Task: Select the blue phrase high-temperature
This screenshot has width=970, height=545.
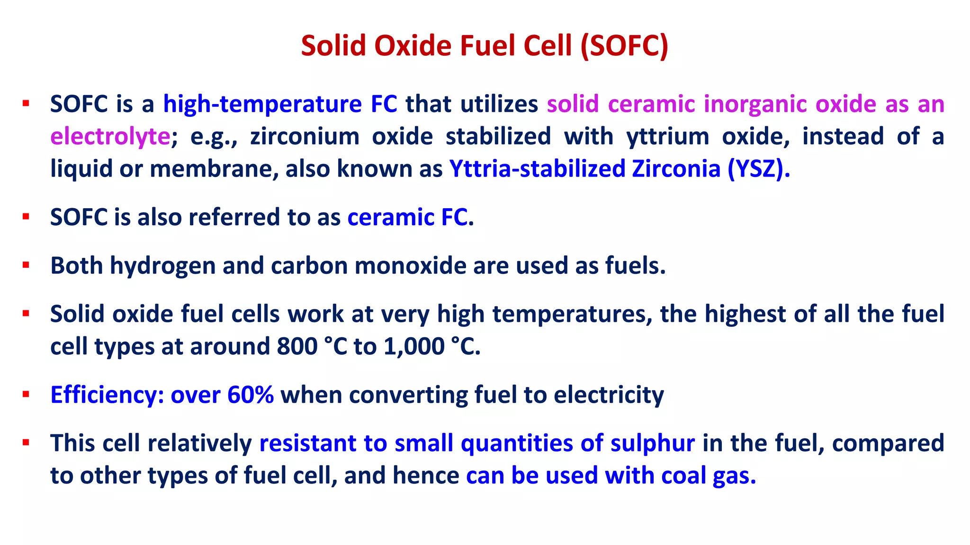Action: click(262, 104)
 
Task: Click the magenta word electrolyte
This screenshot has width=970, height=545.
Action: click(110, 137)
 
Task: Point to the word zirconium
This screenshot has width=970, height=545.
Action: click(305, 137)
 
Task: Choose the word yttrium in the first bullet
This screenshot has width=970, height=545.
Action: click(667, 137)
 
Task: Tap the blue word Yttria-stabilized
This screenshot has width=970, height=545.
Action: click(537, 169)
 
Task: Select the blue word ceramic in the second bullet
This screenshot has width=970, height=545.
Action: click(391, 218)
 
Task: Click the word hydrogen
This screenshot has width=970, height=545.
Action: click(162, 266)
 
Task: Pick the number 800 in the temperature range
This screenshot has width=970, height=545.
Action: click(297, 347)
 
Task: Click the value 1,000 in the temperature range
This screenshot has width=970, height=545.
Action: click(413, 347)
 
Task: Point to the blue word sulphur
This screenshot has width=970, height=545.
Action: click(652, 444)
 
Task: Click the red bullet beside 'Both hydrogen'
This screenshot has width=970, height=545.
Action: click(26, 265)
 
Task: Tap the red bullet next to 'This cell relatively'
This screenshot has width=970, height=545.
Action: click(26, 443)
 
